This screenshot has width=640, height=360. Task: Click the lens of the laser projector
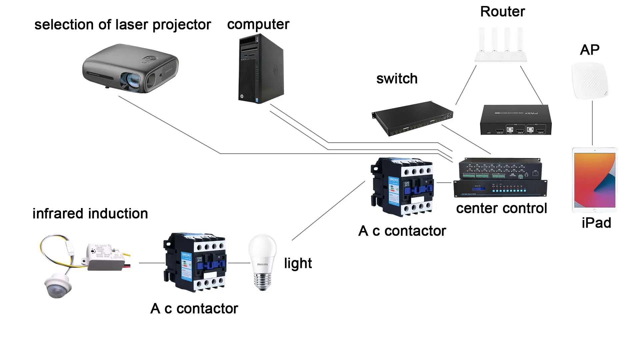click(x=130, y=80)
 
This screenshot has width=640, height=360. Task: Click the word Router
click(x=502, y=12)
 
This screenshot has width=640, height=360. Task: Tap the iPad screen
click(x=595, y=180)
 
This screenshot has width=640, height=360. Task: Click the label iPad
click(x=596, y=223)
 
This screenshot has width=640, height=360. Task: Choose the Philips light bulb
click(x=262, y=262)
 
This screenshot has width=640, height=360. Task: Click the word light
click(x=298, y=263)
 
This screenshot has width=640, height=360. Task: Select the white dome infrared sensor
click(x=58, y=285)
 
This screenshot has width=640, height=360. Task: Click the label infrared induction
click(x=90, y=214)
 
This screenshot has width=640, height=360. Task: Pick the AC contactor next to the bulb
click(x=195, y=262)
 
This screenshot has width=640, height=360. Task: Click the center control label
click(x=501, y=208)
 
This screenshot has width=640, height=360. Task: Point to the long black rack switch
click(x=413, y=118)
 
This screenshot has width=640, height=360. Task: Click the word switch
click(x=397, y=79)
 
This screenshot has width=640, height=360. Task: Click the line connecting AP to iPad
click(x=592, y=123)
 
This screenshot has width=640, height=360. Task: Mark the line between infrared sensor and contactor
click(x=152, y=263)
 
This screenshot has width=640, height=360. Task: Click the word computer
click(x=258, y=24)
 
